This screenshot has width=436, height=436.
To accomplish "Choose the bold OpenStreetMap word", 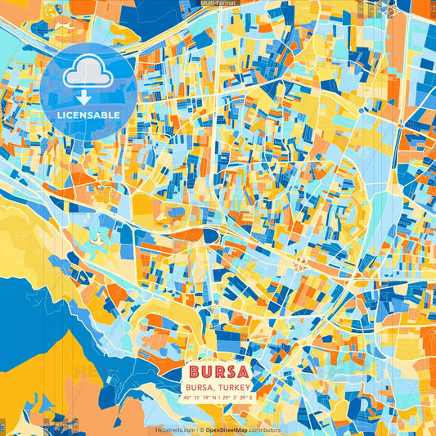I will coord(227,430).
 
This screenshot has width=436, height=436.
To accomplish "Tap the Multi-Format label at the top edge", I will coord(218,3).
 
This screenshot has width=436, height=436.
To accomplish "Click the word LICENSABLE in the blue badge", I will coord(88,115).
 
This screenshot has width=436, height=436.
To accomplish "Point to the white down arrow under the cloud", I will coord(84,97).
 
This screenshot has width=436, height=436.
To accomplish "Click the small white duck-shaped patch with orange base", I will coord(97,238).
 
